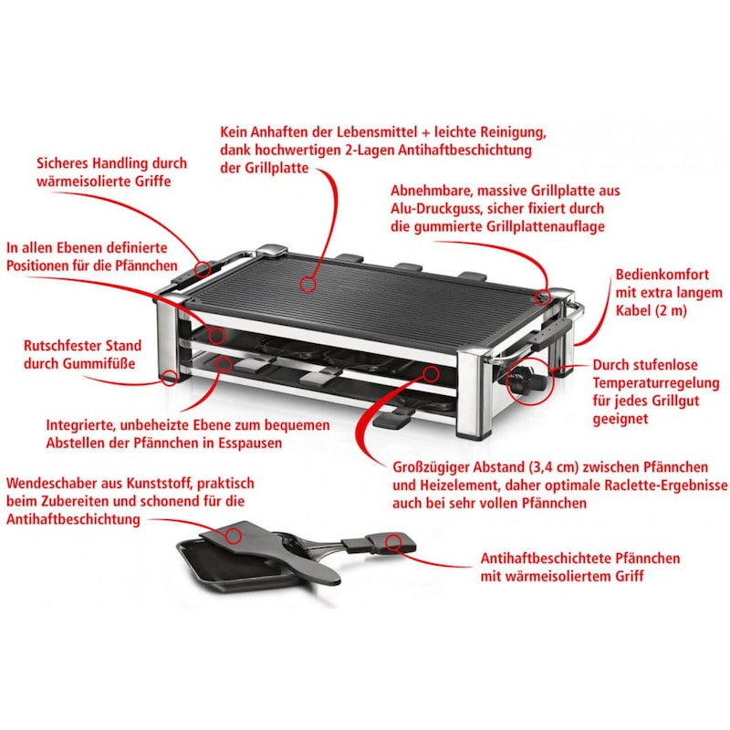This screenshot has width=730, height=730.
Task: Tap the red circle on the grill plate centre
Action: tap(308, 285)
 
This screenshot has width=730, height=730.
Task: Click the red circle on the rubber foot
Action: tap(168, 377)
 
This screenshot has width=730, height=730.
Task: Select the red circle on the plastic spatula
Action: tap(234, 532)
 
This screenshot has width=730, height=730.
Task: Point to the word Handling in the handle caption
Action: tap(111, 163)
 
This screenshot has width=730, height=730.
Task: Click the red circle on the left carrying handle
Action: tap(203, 269)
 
